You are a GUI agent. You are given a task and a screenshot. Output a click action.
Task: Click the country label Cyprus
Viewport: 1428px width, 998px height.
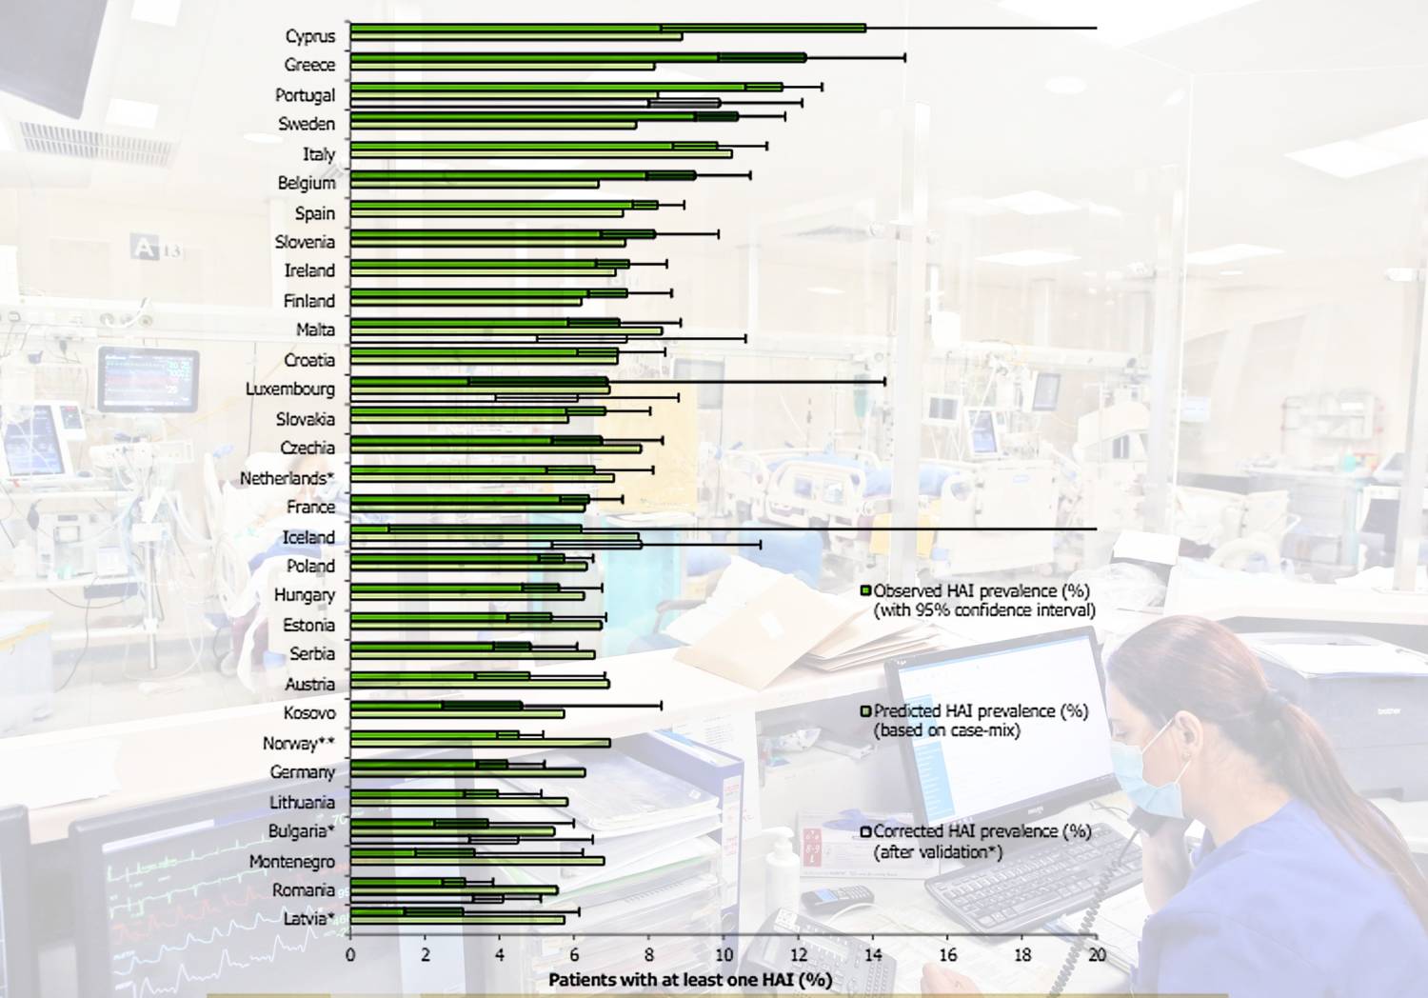point(309,36)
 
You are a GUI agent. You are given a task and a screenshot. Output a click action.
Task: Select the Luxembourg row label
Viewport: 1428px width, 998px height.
point(290,389)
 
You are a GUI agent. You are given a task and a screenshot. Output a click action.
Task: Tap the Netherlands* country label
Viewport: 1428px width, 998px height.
point(287,478)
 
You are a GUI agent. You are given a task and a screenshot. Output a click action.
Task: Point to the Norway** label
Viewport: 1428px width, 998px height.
point(298,744)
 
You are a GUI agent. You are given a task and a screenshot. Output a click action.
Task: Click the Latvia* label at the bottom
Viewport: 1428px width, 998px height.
point(308,919)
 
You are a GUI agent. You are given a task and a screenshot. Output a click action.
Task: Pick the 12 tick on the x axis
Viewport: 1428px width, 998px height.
point(798,955)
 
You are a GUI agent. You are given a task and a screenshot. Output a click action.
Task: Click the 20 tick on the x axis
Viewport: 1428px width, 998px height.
point(1097,955)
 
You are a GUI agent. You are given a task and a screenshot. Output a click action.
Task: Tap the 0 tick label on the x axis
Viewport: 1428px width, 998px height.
point(350,955)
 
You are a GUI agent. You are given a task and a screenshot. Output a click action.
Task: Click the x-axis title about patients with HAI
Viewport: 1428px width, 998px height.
point(690,980)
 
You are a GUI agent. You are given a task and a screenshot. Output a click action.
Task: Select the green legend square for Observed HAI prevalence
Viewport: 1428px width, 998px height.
point(865,590)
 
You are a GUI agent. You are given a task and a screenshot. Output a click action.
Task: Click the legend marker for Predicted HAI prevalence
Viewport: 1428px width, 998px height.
point(865,710)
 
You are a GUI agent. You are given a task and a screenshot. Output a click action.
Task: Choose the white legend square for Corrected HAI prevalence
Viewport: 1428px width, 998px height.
point(865,831)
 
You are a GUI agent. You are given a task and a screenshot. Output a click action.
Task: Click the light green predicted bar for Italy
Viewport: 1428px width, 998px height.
point(542,154)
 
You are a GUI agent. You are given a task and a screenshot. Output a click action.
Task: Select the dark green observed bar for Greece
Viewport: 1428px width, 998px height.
point(578,57)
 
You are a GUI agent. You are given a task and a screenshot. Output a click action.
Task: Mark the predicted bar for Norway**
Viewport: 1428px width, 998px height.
point(480,743)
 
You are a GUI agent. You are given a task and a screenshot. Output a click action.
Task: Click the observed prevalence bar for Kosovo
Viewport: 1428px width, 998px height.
point(437,706)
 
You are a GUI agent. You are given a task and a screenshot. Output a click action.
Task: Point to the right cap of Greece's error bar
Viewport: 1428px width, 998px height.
point(905,57)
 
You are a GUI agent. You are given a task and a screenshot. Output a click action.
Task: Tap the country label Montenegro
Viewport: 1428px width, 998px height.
point(292,862)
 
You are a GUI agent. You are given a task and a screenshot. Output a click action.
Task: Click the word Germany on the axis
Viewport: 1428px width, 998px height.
point(302,772)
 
